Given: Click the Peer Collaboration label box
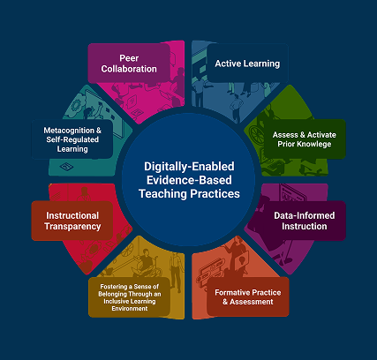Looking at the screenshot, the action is click(129, 64).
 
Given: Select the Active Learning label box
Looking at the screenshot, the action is click(247, 64).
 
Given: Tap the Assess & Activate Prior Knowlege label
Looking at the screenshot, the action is click(305, 139).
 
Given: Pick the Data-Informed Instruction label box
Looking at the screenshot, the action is click(305, 221).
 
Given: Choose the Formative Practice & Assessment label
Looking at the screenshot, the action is click(248, 296).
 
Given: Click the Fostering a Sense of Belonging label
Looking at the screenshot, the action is click(130, 297).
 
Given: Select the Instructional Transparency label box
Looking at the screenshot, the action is click(72, 221).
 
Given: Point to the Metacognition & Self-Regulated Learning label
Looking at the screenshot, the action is click(72, 139).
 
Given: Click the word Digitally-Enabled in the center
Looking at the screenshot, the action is click(189, 167).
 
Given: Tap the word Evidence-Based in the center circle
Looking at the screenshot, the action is click(189, 180).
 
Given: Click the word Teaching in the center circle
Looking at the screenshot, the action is click(162, 194).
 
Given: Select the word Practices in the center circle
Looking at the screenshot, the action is click(215, 194).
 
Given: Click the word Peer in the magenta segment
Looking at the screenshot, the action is click(129, 58).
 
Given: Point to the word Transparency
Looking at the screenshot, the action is click(72, 226).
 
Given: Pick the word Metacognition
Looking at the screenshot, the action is click(69, 130).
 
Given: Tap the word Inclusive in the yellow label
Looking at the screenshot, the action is click(116, 302).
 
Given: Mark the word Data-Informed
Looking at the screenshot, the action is click(305, 215).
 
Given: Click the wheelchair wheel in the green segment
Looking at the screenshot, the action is click(257, 135).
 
